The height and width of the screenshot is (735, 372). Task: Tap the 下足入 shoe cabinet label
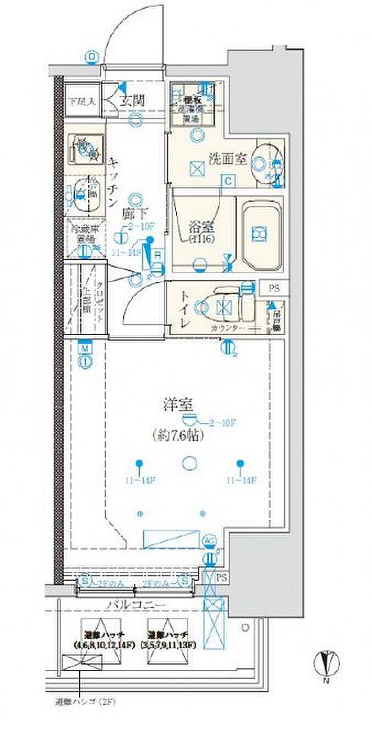82,101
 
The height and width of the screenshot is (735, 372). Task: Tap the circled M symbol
85,349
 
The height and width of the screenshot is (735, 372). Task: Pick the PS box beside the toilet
273,288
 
